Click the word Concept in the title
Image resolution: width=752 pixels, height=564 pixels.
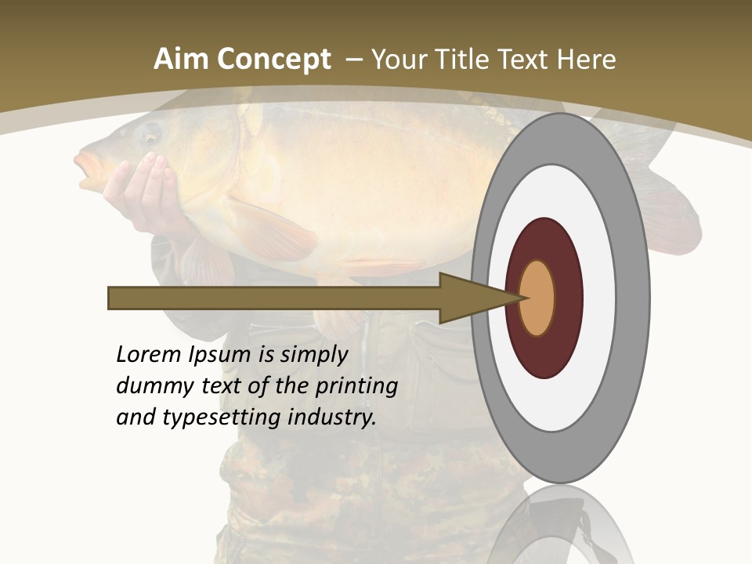(274, 60)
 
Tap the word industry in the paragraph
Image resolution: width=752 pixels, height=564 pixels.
(332, 418)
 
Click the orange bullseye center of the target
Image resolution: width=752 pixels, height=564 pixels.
(537, 298)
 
